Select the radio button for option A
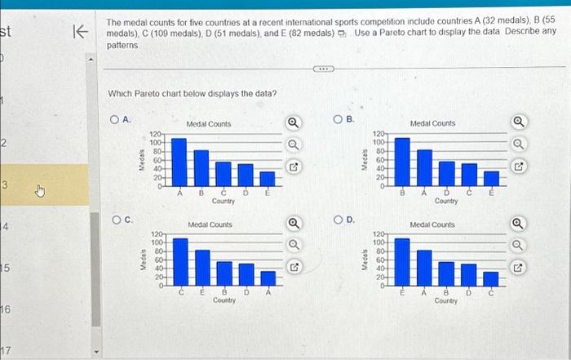(x=115, y=120)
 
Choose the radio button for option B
(x=339, y=120)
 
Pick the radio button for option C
(x=116, y=220)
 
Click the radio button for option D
(x=339, y=220)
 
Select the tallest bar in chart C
(x=180, y=262)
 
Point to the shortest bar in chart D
(x=490, y=279)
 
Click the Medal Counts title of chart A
(x=209, y=124)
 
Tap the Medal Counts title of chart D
(x=432, y=224)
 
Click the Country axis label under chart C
(x=224, y=300)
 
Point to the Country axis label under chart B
(x=446, y=201)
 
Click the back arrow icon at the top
(x=80, y=32)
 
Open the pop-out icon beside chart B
(x=516, y=168)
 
